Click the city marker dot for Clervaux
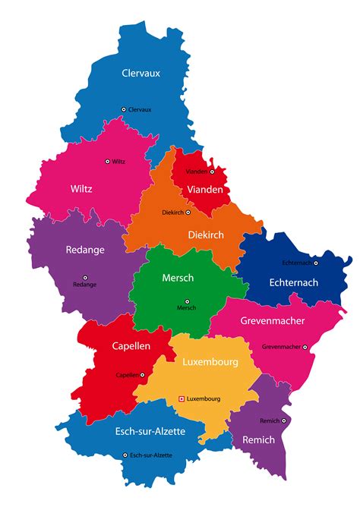[x=124, y=109]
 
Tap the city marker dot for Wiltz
[x=107, y=161]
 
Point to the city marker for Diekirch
[x=188, y=213]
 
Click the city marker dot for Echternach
[x=316, y=263]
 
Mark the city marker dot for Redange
[x=85, y=276]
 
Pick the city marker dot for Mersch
[x=187, y=301]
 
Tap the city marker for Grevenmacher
[x=305, y=347]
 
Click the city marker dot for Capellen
[x=142, y=374]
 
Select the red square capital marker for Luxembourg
[x=181, y=398]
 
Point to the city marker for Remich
[x=284, y=420]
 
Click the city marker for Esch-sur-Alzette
[x=125, y=455]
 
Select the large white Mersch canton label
[x=178, y=278]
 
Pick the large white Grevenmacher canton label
[x=273, y=321]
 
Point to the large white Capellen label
[x=131, y=346]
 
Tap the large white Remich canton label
[x=259, y=440]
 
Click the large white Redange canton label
[x=85, y=250]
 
